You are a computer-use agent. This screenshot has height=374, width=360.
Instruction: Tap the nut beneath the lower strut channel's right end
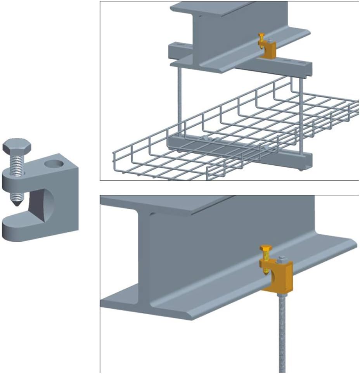tap(301, 170)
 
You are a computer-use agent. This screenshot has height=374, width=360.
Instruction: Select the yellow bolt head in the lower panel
tap(266, 249)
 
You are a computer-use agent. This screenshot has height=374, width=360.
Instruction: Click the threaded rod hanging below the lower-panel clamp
tap(282, 334)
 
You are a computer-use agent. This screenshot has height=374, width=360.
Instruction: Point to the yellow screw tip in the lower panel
tap(267, 272)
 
